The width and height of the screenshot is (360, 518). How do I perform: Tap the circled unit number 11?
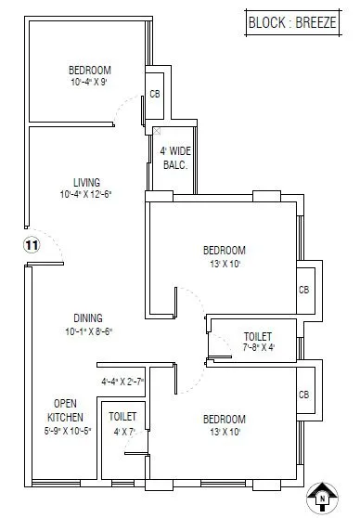32,245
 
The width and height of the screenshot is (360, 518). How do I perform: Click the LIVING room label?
87,182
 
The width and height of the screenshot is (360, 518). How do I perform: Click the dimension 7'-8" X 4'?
257,348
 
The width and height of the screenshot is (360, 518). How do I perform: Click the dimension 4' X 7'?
122,431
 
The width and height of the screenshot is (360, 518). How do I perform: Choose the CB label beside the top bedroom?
154,95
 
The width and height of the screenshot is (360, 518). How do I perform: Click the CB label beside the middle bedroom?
303,289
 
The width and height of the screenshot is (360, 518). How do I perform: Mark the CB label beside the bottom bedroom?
303,395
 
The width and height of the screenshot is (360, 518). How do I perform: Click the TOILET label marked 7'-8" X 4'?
257,336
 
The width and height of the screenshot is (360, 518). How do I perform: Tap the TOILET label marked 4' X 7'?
122,418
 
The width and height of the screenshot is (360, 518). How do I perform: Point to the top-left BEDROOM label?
90,71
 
